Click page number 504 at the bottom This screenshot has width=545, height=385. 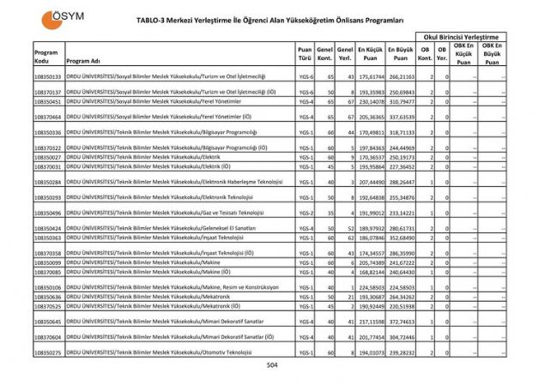[x=272, y=366]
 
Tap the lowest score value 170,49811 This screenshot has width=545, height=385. [x=370, y=133]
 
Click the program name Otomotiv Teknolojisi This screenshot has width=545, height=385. [x=225, y=352]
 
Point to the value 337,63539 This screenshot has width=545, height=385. [x=401, y=117]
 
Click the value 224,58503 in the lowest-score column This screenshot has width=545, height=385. [x=370, y=287]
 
